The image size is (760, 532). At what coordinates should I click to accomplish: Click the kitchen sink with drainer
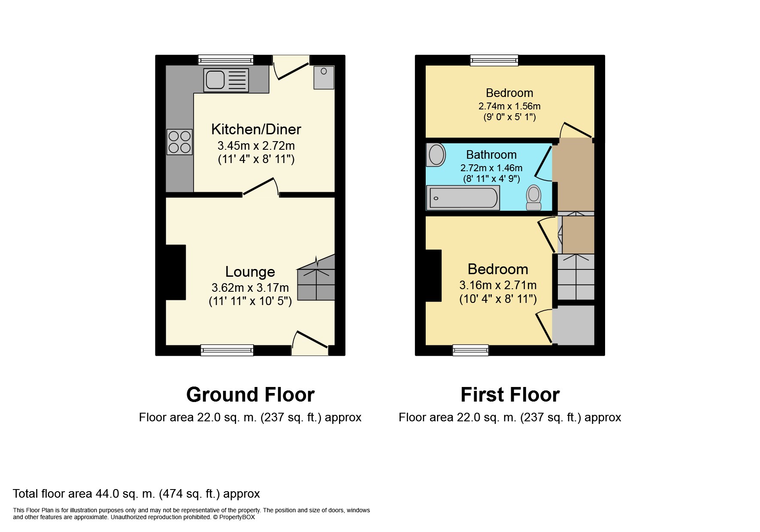(226, 80)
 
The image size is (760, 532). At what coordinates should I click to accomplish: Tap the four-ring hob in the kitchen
(179, 142)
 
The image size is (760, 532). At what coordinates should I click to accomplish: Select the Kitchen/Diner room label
(256, 129)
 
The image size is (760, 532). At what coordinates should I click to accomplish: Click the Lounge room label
(250, 272)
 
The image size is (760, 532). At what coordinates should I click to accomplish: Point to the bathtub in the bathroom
(463, 198)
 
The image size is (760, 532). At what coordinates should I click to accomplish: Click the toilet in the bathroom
(534, 197)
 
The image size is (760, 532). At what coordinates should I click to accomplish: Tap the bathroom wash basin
(436, 155)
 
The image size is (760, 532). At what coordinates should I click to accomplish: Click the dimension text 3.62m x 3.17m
(250, 287)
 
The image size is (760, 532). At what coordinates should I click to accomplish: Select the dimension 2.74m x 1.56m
(509, 106)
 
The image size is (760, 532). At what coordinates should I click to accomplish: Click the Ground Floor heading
(250, 395)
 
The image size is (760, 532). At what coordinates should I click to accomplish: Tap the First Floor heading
(510, 395)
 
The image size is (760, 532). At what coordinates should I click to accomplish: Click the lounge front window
(227, 351)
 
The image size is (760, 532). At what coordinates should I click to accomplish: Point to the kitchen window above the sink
(226, 60)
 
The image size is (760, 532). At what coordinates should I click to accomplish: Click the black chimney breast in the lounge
(176, 272)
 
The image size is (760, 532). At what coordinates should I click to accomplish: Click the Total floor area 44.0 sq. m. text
(136, 494)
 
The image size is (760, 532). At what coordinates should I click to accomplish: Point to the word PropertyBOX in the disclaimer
(237, 517)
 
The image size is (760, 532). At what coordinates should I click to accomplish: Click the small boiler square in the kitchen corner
(324, 77)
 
